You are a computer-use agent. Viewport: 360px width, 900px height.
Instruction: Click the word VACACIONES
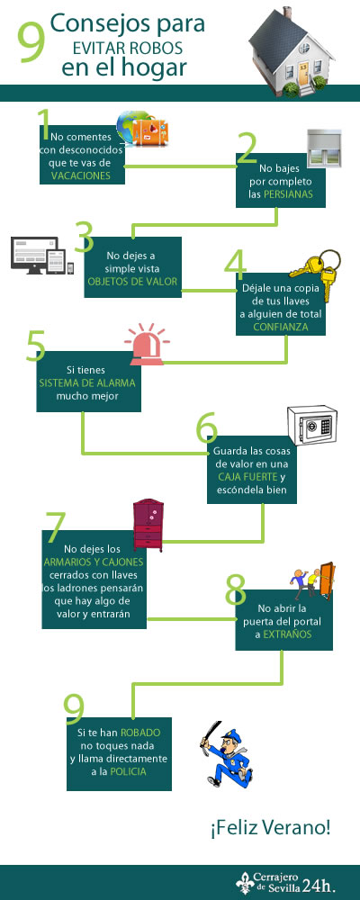pyautogui.click(x=80, y=176)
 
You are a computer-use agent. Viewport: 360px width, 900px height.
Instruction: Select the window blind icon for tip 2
pyautogui.click(x=324, y=148)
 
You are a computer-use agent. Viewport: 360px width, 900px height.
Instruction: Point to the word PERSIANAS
pyautogui.click(x=288, y=194)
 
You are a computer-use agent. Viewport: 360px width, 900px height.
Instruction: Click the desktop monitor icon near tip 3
pyautogui.click(x=34, y=256)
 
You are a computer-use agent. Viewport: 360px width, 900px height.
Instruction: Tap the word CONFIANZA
pyautogui.click(x=281, y=327)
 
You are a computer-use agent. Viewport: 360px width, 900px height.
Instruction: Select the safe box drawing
pyautogui.click(x=311, y=427)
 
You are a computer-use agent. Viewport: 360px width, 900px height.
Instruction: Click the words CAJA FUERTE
pyautogui.click(x=247, y=477)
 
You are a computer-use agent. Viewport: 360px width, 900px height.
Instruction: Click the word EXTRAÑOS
pyautogui.click(x=287, y=634)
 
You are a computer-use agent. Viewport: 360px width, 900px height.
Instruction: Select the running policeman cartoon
pyautogui.click(x=226, y=753)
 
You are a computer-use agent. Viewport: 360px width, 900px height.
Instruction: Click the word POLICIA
pyautogui.click(x=128, y=772)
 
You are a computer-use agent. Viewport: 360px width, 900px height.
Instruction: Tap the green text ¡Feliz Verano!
pyautogui.click(x=270, y=828)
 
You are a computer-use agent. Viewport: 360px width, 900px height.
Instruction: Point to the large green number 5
pyautogui.click(x=36, y=345)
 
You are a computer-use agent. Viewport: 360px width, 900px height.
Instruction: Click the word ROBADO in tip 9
pyautogui.click(x=140, y=733)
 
